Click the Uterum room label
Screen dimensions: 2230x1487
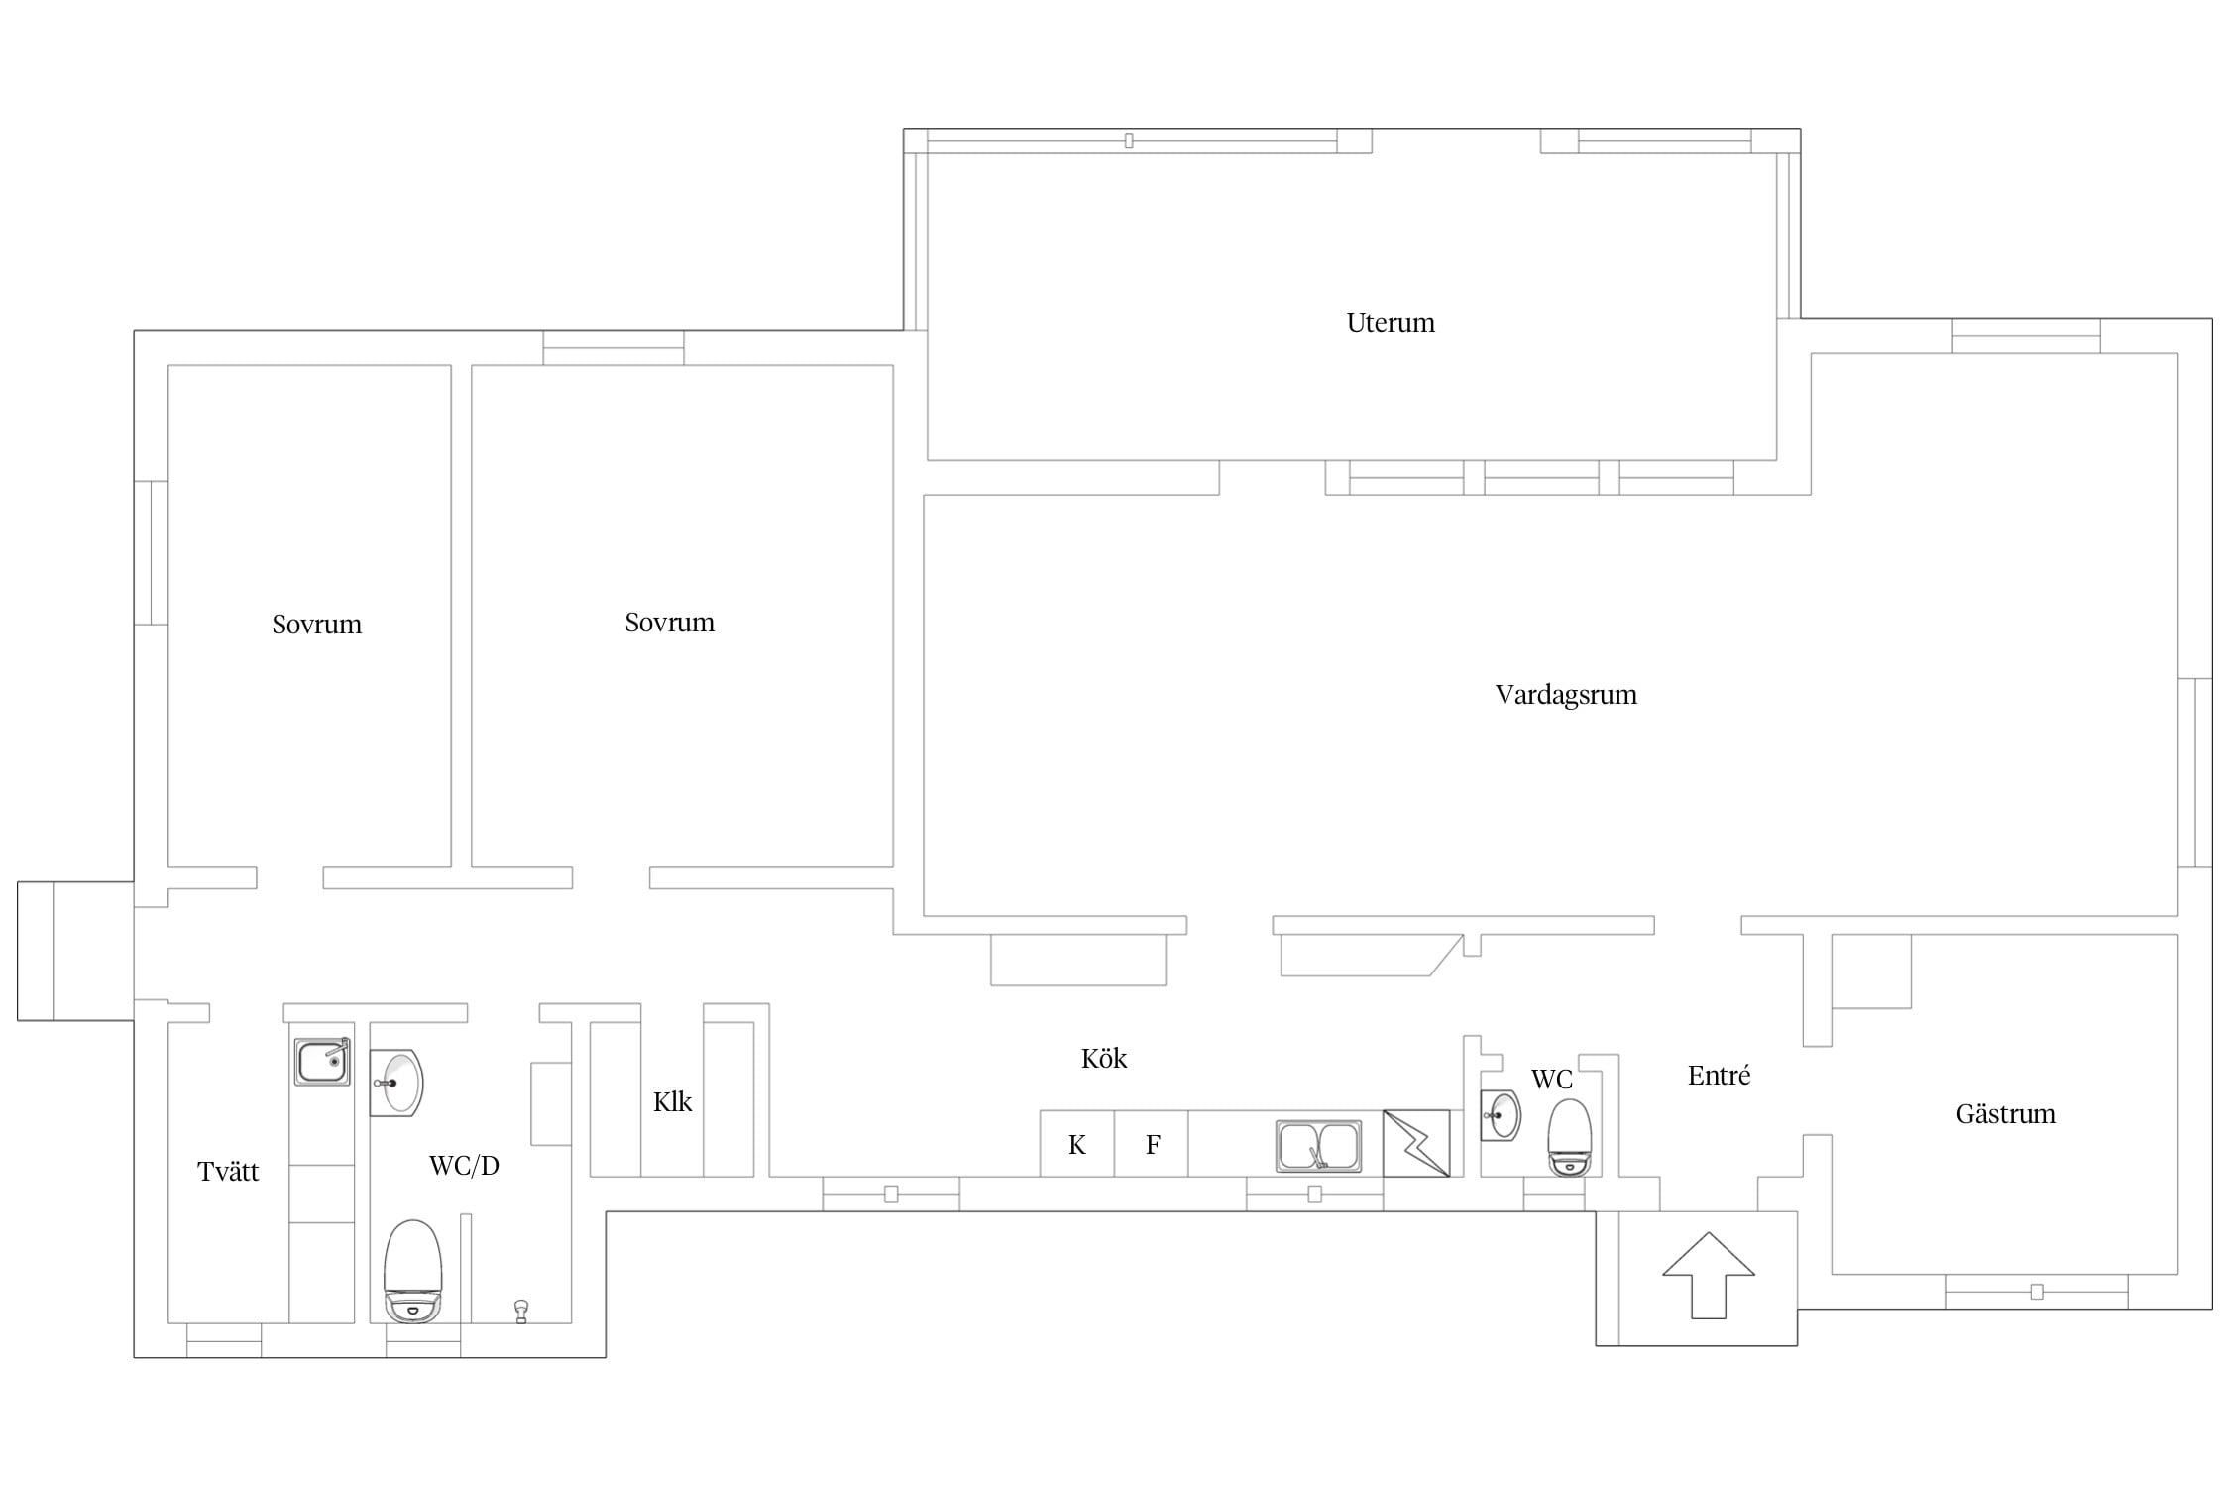tap(1390, 323)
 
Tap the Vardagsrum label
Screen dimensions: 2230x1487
tap(1566, 695)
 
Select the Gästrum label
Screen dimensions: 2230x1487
tap(2005, 1113)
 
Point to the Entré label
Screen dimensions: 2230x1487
tap(1719, 1076)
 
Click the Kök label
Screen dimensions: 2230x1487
tap(1104, 1058)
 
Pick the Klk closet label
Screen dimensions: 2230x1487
tap(672, 1101)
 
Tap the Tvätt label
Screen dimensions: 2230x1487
tap(228, 1171)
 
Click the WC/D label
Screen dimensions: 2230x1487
tap(464, 1166)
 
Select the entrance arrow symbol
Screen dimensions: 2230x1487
tap(1709, 1275)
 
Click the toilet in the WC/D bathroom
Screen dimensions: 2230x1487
tap(412, 1271)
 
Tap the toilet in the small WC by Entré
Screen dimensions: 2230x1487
tap(1569, 1137)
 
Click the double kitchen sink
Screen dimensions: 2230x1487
tap(1318, 1146)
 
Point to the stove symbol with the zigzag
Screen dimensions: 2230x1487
tap(1416, 1143)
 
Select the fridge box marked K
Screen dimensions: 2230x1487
tap(1077, 1144)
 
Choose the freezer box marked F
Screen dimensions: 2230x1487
tap(1152, 1144)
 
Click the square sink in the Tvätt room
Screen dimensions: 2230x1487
tap(322, 1062)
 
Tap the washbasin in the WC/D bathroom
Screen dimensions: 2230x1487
tap(397, 1084)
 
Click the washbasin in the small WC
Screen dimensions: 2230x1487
tap(1502, 1116)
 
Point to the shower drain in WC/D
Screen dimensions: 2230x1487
tap(521, 1312)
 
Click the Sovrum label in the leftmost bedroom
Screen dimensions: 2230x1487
tap(317, 625)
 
